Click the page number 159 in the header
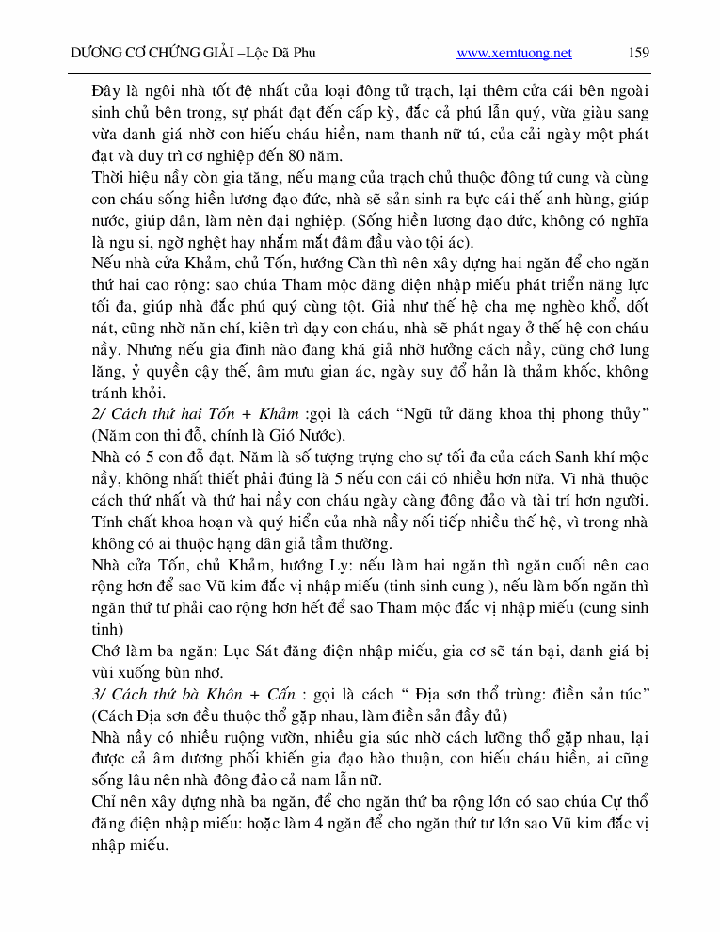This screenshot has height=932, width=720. click(x=638, y=53)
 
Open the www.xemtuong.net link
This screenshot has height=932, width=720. click(x=514, y=54)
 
